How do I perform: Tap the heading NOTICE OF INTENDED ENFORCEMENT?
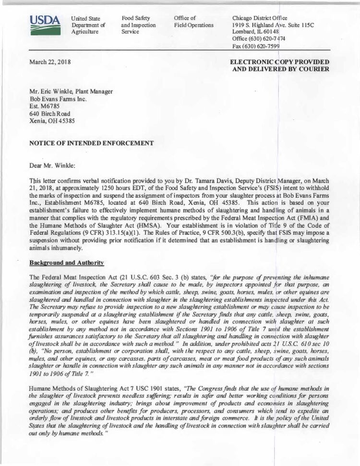point(92,143)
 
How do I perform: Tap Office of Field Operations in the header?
point(193,22)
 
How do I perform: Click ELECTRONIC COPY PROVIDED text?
point(279,62)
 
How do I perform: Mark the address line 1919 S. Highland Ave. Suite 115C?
point(272,25)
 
